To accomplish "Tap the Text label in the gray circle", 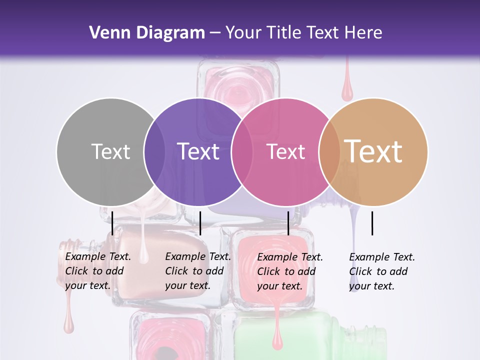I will pos(110,151).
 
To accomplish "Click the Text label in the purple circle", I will pos(198,151).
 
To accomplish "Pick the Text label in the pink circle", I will pos(285,151).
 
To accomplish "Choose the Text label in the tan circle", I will pos(373,151).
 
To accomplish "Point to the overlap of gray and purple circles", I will pos(154,151).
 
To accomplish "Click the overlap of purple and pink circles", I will pos(242,151).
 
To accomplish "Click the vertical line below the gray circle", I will pos(112,223).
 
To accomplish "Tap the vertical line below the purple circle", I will pos(200,223).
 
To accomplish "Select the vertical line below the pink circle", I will pos(288,223).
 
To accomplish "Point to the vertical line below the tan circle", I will pos(372,223).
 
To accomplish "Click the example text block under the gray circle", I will pos(97,271).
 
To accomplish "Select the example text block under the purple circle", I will pos(197,271).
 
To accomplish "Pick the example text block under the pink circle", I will pos(289,271).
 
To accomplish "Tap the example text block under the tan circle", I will pos(381,271).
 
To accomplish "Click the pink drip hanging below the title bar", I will pos(346,90).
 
